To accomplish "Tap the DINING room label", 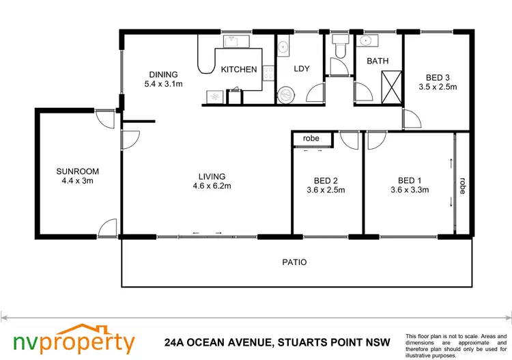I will (161, 74).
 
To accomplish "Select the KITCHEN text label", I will (239, 70).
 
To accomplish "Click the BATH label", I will (378, 61).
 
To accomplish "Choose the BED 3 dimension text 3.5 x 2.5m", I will (437, 87).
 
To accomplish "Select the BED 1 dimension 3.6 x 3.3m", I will (409, 191).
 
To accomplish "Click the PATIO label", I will (295, 262).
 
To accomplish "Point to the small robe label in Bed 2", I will (311, 139).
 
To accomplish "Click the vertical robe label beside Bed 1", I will (463, 186).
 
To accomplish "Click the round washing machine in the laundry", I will (286, 94).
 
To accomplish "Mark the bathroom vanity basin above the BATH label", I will (367, 41).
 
